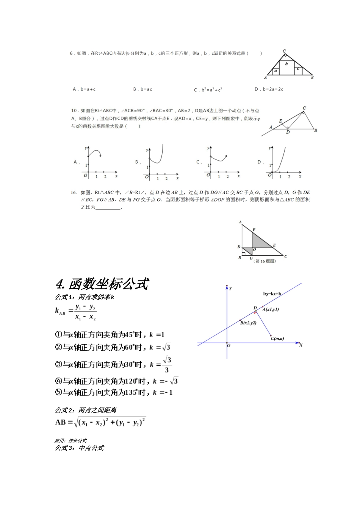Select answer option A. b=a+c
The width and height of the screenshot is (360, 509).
(84, 89)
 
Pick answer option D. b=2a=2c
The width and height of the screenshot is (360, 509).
(269, 89)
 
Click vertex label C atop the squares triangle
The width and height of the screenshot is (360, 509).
(284, 51)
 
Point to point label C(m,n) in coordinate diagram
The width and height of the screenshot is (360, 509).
(277, 338)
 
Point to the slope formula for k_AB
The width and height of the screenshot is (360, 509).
(76, 312)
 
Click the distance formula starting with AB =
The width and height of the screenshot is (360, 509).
(100, 422)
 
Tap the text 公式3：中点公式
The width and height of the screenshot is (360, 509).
(79, 448)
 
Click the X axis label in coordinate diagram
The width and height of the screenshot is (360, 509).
(301, 345)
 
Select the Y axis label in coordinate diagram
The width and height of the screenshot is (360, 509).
(230, 289)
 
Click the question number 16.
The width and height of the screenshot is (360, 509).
(74, 192)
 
